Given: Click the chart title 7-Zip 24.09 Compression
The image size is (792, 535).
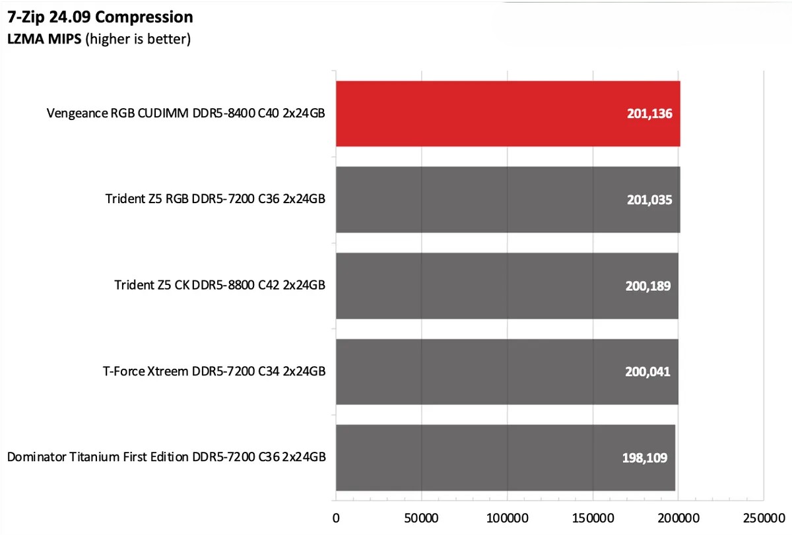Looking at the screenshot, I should [x=100, y=16].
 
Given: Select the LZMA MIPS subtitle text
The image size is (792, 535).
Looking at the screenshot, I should [x=99, y=40].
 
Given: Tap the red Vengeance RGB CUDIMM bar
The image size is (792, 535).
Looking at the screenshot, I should [x=508, y=113].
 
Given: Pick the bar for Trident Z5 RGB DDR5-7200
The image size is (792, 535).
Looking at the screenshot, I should [x=508, y=199].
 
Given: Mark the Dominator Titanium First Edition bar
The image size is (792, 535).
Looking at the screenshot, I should [x=505, y=457].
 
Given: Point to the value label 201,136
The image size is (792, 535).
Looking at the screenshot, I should [x=649, y=113].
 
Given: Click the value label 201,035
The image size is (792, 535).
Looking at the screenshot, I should [x=649, y=199].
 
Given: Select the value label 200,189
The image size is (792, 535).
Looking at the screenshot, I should [x=648, y=286].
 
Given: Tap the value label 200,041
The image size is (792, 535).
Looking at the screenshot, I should [x=647, y=371].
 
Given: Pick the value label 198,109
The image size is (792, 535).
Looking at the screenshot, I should [x=645, y=457].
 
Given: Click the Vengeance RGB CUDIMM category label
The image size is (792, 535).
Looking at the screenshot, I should [x=186, y=113].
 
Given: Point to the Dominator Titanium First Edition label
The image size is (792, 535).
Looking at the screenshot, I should [x=166, y=457].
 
